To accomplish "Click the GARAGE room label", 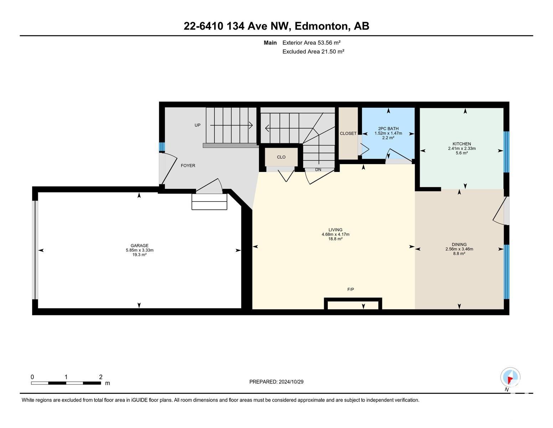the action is click(139, 245).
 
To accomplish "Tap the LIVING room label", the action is click(335, 230).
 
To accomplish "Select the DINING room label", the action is click(459, 244).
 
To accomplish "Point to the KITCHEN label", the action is click(462, 144).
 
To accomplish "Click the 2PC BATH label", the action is click(388, 129).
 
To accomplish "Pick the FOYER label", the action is click(188, 165).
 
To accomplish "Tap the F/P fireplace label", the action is click(351, 289).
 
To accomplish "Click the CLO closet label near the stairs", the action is click(281, 157).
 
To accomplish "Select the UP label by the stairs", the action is click(197, 125).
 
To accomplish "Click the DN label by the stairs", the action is click(318, 169).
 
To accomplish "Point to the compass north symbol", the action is click(510, 377).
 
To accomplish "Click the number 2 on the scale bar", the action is click(101, 377).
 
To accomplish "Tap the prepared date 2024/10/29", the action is click(291, 382).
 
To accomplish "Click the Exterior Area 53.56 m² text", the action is click(311, 42).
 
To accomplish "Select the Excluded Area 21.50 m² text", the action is click(313, 51).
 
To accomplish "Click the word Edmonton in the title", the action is click(321, 26).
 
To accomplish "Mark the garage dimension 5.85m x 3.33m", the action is click(139, 250).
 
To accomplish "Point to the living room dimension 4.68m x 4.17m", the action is click(335, 234).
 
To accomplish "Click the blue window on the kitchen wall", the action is click(507, 152).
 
